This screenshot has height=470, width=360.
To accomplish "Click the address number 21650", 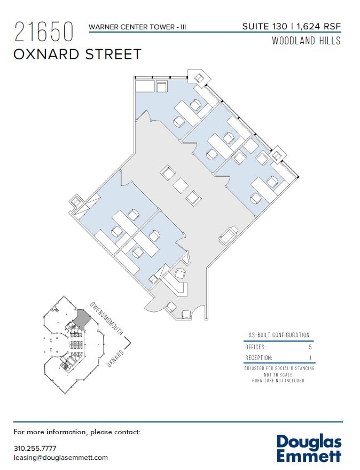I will tap(44, 32).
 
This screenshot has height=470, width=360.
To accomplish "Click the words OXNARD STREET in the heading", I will tap(78, 54).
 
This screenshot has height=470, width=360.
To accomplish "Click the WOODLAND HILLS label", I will tap(306, 41).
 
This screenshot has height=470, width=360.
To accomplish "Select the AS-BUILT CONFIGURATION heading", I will tap(278, 335).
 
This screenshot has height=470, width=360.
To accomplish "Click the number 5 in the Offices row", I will tap(310, 347).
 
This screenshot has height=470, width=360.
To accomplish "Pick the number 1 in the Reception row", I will tap(310, 358).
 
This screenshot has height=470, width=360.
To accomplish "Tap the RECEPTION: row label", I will tap(259, 358).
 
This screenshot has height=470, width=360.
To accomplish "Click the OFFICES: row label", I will tap(255, 347).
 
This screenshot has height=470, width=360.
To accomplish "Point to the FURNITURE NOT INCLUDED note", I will tap(278, 381).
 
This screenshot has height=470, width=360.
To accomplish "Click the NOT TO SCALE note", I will tap(278, 374).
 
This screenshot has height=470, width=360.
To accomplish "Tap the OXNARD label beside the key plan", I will tap(115, 358).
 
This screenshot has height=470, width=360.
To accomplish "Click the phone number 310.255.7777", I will tap(35, 448).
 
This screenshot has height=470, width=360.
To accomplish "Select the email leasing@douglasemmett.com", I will tap(60, 458).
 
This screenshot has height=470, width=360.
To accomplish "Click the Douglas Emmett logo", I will tap(309, 448).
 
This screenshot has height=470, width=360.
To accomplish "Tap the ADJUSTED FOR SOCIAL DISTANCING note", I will tap(279, 369).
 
